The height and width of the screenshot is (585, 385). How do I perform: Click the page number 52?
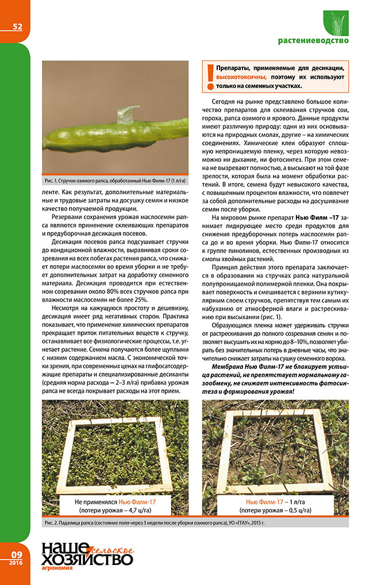(17, 26)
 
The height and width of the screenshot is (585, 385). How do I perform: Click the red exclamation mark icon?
(210, 77)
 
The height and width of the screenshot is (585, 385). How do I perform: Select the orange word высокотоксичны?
(241, 77)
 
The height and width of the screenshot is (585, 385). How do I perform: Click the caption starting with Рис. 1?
(109, 180)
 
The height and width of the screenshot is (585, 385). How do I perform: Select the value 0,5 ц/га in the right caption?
(295, 510)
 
